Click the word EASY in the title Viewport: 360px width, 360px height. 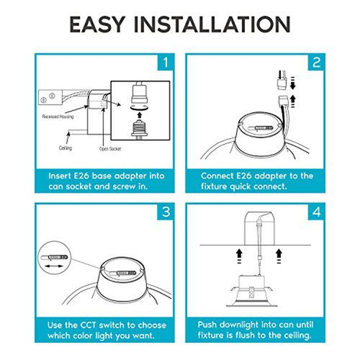[97, 24]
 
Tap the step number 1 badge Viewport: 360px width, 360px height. [166, 63]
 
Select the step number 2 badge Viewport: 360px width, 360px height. [316, 63]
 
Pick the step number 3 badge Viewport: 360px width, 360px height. [166, 212]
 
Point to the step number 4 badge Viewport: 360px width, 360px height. [316, 212]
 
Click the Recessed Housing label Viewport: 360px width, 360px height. [58, 117]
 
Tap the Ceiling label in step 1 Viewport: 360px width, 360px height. [66, 148]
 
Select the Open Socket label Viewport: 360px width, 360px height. [110, 149]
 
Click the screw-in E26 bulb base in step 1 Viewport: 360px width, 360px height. [139, 129]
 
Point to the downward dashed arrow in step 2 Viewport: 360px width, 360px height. [292, 84]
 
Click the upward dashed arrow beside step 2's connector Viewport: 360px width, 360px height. [293, 102]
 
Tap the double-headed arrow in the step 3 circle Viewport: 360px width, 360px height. [55, 266]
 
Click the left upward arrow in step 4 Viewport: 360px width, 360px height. [239, 256]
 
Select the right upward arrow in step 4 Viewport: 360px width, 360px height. [279, 256]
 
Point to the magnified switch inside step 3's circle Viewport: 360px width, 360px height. [55, 258]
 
